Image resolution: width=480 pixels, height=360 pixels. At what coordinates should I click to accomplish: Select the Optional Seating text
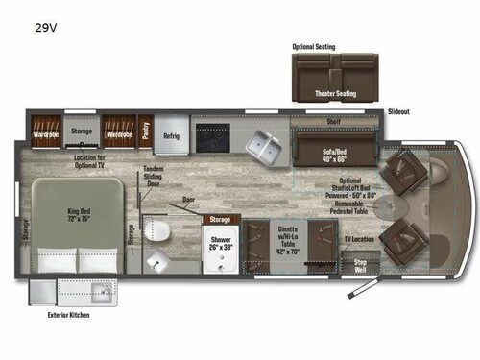click(314, 46)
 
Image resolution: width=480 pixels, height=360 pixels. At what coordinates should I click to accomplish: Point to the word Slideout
click(399, 112)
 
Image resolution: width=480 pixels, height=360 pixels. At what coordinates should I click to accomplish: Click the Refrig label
click(172, 136)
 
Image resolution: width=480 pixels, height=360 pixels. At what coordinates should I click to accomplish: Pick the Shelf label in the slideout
click(333, 122)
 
